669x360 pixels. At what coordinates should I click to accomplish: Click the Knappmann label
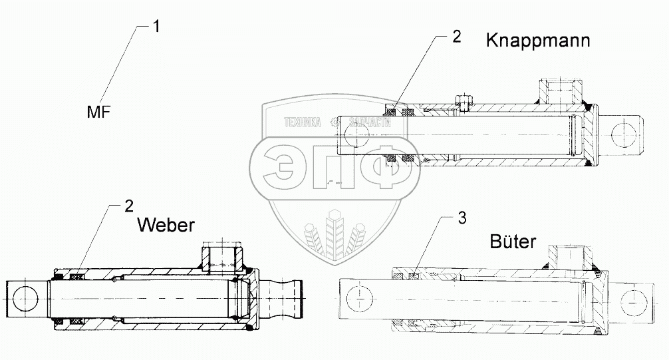538,41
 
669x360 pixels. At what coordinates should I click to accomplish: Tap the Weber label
166,225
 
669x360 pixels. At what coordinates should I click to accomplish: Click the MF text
98,112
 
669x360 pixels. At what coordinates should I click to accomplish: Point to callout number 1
156,27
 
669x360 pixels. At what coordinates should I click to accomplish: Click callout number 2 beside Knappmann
456,37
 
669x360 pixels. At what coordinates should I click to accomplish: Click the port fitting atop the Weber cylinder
222,255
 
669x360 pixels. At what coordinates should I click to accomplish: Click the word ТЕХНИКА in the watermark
303,122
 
